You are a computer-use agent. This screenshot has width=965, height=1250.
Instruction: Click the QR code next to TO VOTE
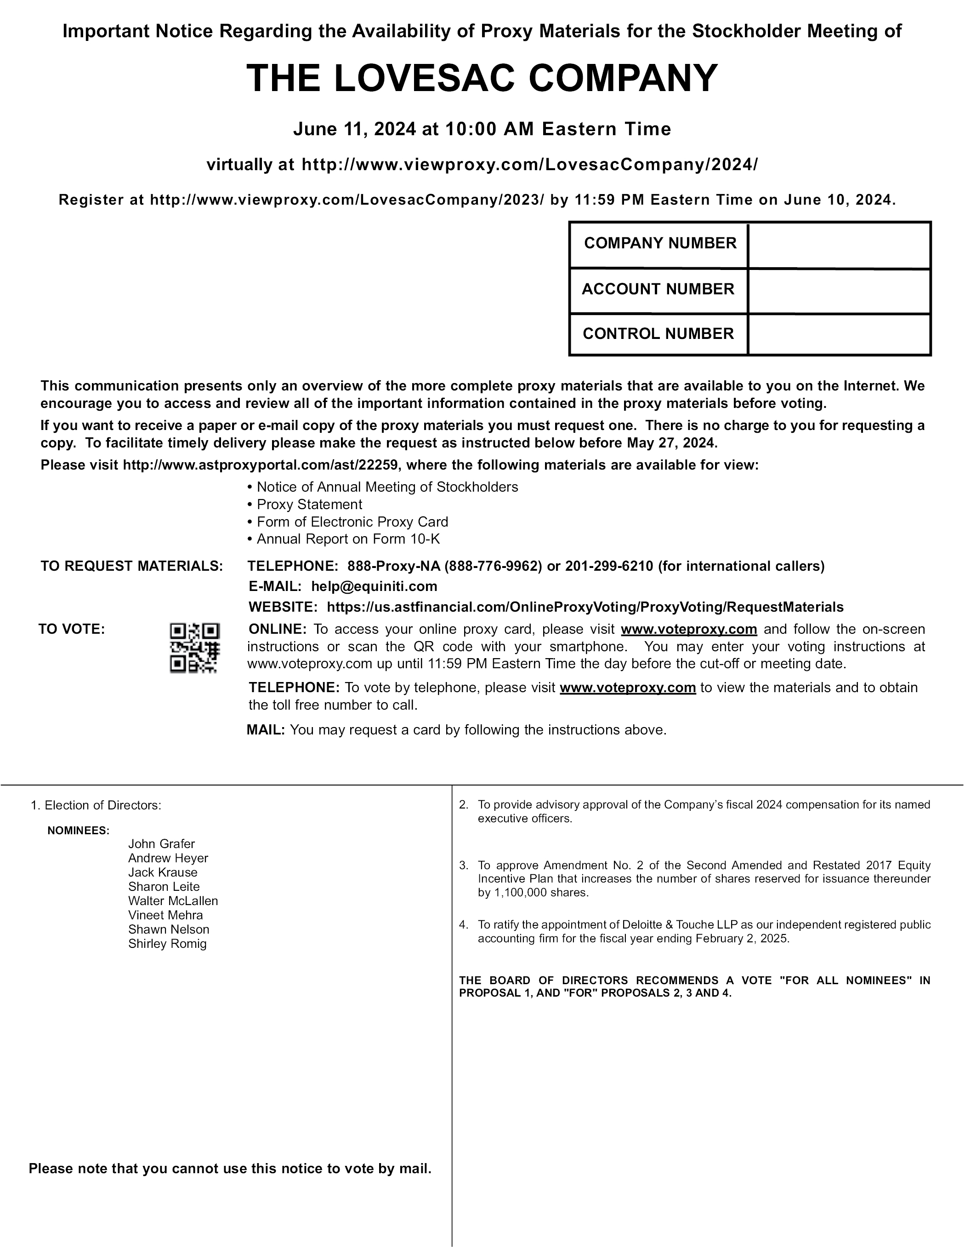click(194, 648)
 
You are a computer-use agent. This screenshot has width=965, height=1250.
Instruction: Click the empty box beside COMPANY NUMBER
click(839, 245)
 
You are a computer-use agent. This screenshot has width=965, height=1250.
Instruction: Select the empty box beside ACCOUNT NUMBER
click(839, 291)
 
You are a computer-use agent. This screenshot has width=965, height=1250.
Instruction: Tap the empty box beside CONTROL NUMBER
click(839, 335)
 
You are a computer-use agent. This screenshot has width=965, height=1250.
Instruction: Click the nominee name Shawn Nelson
click(169, 929)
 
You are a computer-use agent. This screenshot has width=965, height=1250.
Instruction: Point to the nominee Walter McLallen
click(173, 900)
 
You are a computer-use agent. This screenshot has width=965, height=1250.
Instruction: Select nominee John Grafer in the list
click(161, 843)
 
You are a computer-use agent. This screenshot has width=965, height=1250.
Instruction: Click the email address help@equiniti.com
click(374, 586)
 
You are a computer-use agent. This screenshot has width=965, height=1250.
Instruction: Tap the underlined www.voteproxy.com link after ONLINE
click(689, 629)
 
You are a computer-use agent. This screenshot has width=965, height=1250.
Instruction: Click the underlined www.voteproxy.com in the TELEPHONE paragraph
click(628, 688)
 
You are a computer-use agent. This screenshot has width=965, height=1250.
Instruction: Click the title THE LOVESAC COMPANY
click(482, 78)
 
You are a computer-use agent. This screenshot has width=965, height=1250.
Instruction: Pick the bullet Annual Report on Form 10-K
click(348, 539)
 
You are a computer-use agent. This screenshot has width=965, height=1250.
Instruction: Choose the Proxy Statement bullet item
click(309, 504)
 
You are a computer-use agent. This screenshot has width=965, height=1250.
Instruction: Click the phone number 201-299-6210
click(608, 566)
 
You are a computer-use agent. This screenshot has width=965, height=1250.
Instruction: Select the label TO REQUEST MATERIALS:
click(131, 566)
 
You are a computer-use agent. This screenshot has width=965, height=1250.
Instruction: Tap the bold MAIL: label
click(266, 730)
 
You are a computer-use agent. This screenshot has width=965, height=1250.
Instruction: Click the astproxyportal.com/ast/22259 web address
click(260, 465)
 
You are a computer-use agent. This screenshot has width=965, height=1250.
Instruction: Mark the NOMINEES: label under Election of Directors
click(79, 831)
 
